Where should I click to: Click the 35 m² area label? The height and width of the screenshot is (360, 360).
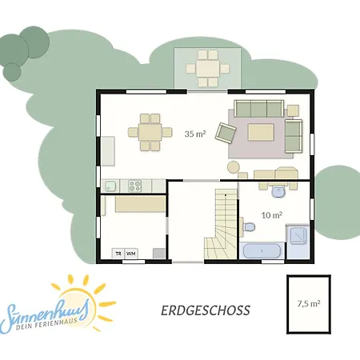click(195, 134)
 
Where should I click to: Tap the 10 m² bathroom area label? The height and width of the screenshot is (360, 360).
click(272, 215)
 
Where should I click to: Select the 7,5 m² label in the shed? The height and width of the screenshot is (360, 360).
click(309, 303)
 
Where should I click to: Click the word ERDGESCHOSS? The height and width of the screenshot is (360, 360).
click(206, 310)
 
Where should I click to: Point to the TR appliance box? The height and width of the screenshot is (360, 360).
click(118, 254)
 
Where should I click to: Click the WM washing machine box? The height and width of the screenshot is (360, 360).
click(131, 254)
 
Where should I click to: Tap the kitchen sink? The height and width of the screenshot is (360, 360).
click(110, 186)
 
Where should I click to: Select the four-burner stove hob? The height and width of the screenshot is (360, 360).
click(134, 186)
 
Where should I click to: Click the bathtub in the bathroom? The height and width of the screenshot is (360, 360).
click(262, 250)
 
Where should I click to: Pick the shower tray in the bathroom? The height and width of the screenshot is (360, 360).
click(298, 235)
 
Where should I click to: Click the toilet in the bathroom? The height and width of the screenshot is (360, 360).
click(249, 227)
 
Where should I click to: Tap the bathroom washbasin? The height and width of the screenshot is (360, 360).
click(278, 191)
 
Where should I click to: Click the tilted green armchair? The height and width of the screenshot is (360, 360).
click(226, 133)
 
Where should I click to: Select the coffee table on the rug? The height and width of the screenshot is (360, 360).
click(261, 132)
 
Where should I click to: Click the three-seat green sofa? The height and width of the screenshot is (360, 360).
click(258, 109)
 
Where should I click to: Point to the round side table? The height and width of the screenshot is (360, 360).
click(234, 167)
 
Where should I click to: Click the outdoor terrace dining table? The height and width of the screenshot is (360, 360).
click(208, 69)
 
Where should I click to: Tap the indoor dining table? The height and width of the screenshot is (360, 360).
click(150, 132)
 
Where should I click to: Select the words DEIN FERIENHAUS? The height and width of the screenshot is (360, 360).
click(47, 323)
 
